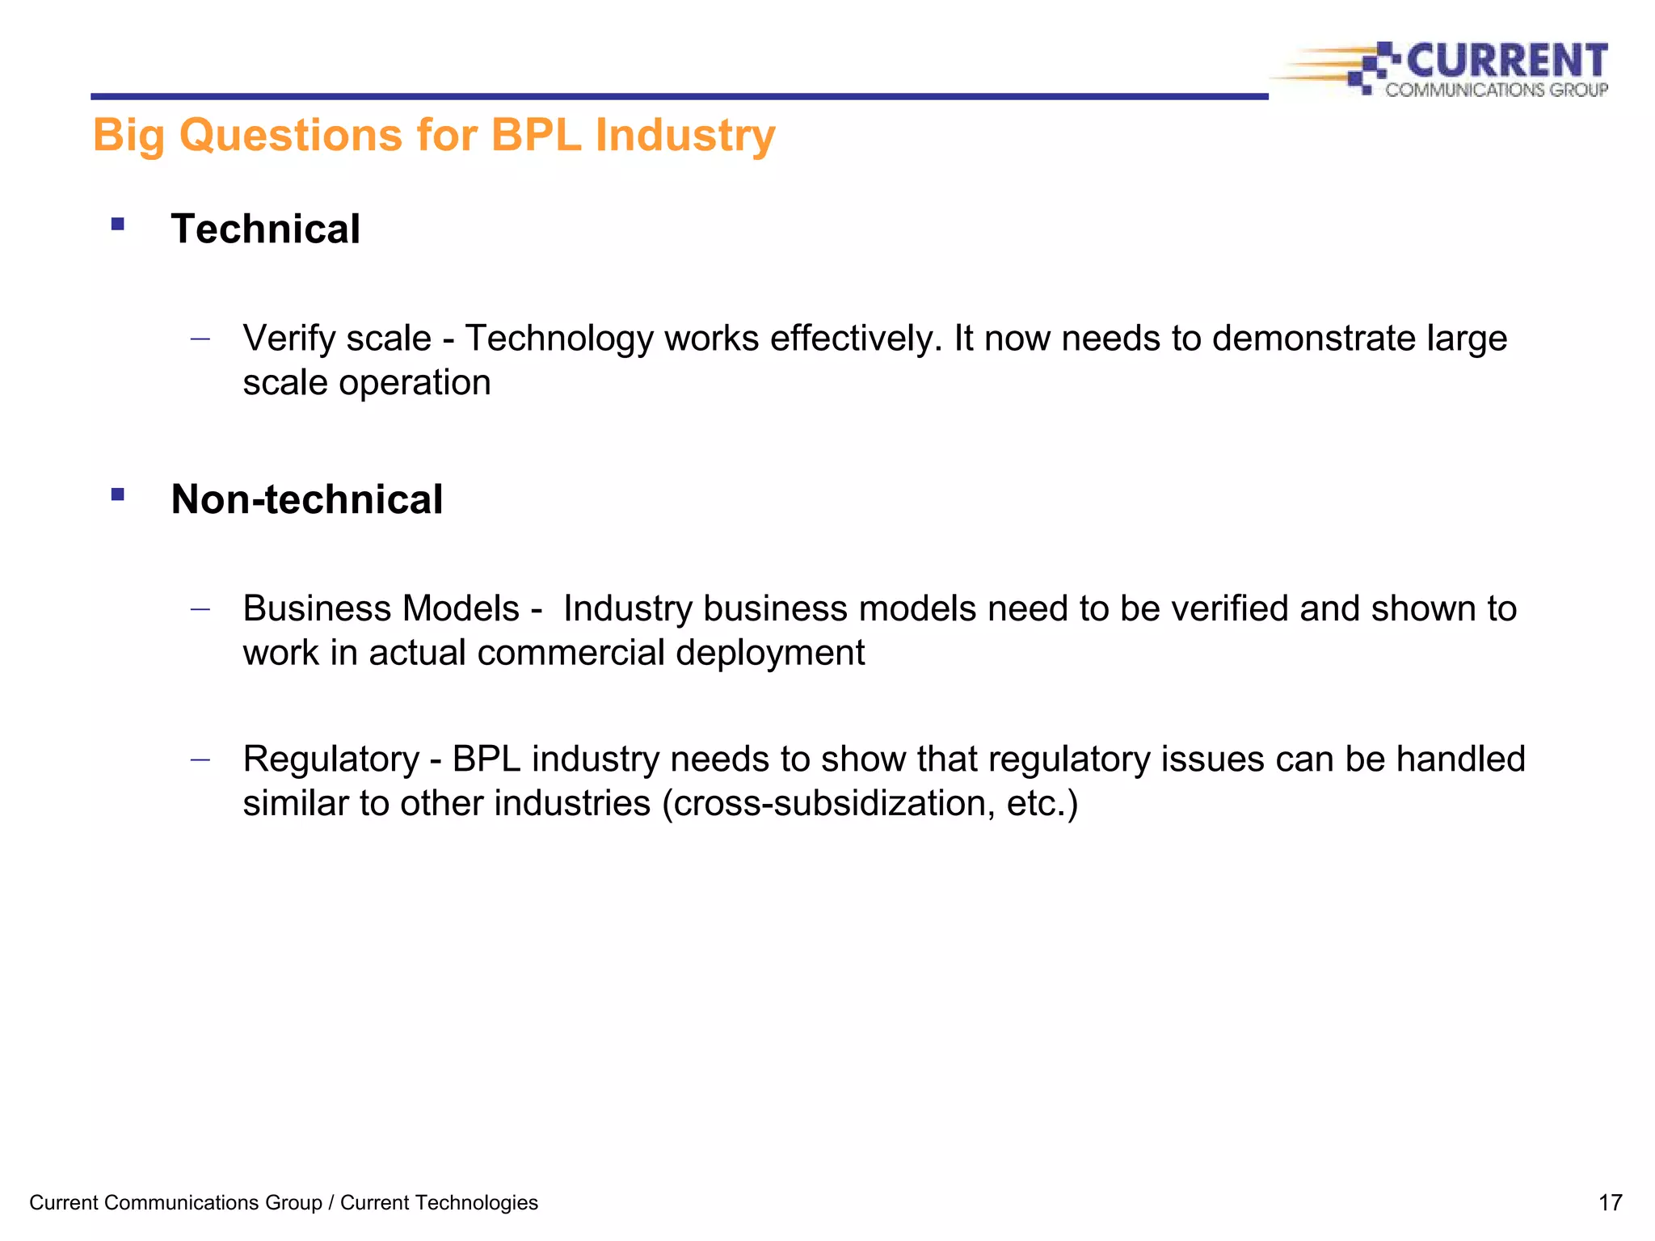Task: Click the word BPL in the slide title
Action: (536, 135)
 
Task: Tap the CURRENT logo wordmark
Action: (1506, 61)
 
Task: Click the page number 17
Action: (1610, 1203)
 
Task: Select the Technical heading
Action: (265, 229)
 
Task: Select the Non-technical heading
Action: (306, 499)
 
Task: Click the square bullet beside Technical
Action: (118, 225)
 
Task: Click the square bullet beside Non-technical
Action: (118, 494)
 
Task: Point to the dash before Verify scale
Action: (200, 339)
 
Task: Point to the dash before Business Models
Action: (200, 610)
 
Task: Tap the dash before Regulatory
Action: (200, 760)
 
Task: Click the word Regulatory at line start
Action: (331, 760)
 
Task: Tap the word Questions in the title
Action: (290, 135)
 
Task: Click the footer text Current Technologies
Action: (439, 1203)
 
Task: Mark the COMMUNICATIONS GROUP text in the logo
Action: (1496, 90)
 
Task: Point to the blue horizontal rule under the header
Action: (679, 96)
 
